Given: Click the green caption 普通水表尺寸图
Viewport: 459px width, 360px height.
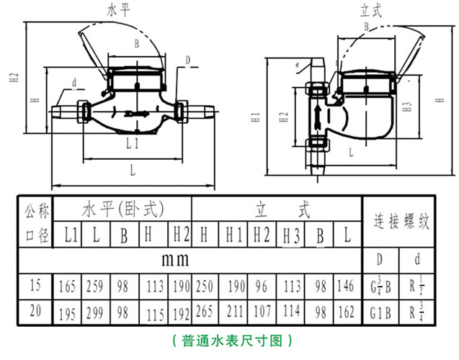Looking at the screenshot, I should (229, 339).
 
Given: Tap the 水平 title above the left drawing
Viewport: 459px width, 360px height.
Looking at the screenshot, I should (118, 9).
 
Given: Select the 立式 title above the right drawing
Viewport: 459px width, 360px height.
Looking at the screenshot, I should (371, 9).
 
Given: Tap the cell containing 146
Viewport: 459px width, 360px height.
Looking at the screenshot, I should (346, 287).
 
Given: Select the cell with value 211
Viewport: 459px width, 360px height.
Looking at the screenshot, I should (234, 313).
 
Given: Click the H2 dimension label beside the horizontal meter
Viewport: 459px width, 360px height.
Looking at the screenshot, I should (14, 84).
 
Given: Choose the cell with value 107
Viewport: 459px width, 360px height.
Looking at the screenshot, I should (262, 313).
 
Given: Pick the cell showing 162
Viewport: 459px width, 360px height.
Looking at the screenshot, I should (346, 313).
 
